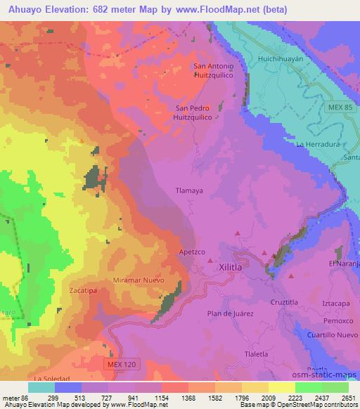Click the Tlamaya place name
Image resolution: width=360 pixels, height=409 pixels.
pyautogui.click(x=188, y=190)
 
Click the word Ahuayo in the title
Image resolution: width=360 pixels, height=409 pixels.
pyautogui.click(x=22, y=8)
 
